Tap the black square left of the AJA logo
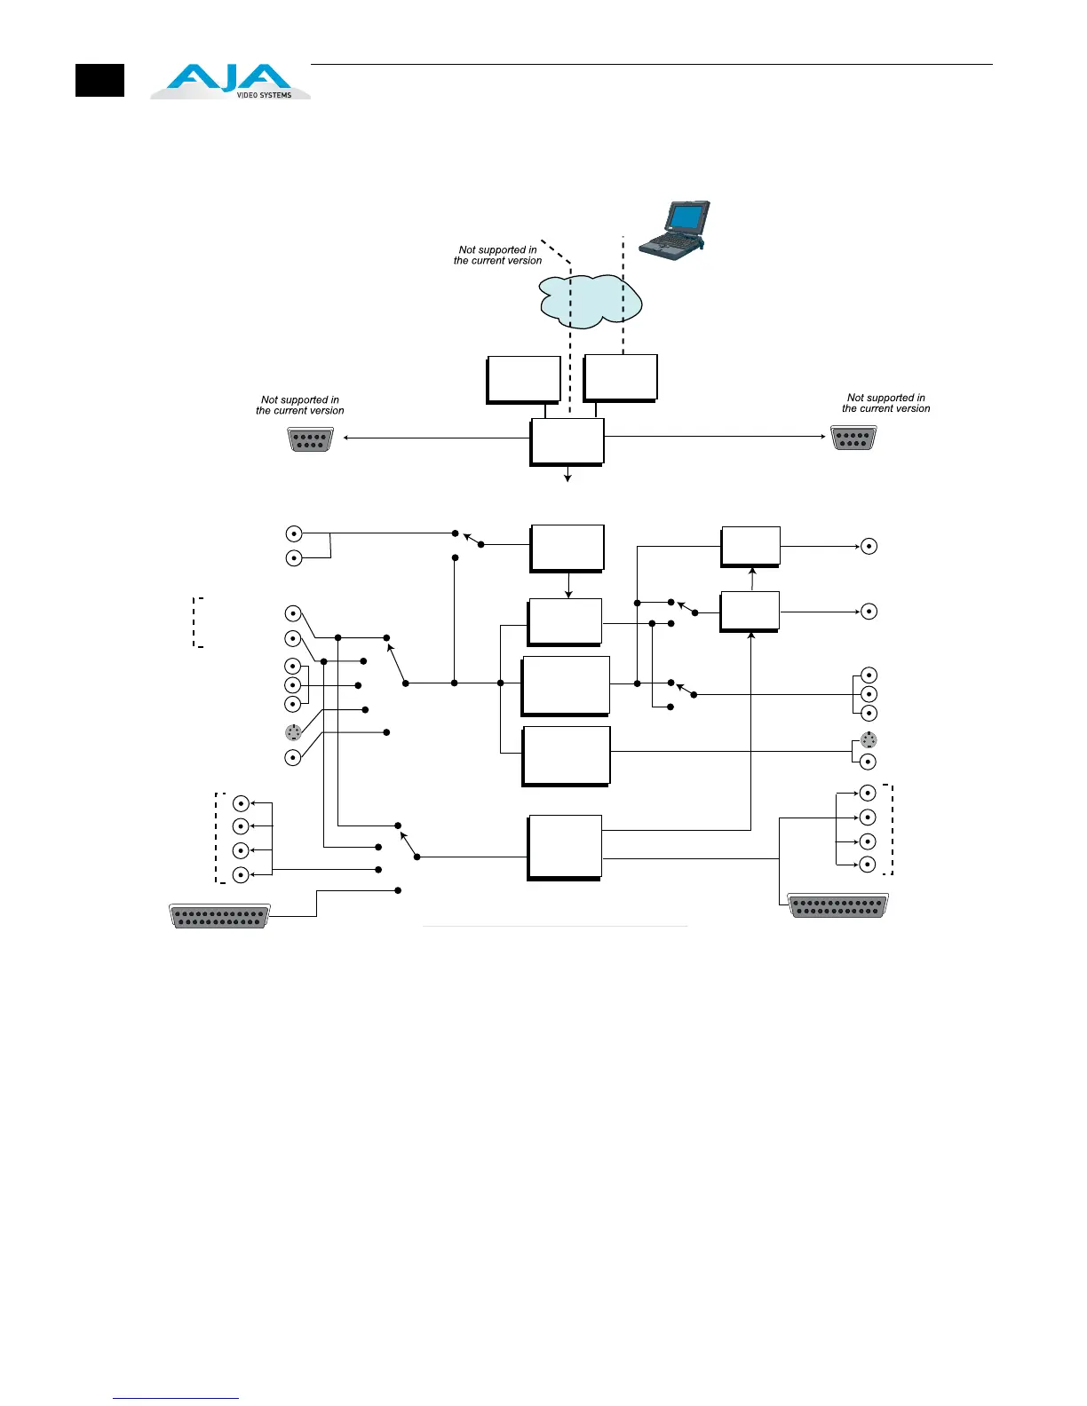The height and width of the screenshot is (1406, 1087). click(x=99, y=81)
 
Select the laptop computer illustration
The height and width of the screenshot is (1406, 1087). click(x=675, y=230)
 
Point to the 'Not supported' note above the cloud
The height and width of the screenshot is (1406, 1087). click(x=497, y=256)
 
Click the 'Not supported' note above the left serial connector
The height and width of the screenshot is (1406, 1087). click(x=299, y=406)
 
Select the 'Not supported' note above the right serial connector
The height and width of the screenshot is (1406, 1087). click(x=885, y=404)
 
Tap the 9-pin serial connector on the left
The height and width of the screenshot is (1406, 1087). click(x=310, y=439)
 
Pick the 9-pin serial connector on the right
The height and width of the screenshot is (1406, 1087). click(x=853, y=438)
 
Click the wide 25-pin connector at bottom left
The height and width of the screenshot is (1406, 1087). click(x=219, y=916)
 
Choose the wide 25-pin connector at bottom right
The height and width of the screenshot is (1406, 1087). click(x=837, y=905)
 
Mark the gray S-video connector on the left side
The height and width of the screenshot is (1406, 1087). click(x=293, y=732)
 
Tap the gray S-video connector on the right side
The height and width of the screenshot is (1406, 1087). click(x=869, y=740)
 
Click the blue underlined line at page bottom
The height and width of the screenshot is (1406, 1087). click(x=176, y=1398)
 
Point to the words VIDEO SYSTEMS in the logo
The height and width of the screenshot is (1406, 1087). click(x=264, y=95)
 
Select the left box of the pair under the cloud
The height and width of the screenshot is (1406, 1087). click(x=523, y=379)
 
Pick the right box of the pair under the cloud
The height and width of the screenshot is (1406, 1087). click(x=620, y=377)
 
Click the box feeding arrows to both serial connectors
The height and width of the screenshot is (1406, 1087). click(x=567, y=441)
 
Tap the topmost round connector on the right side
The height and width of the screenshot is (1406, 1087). click(x=869, y=547)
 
